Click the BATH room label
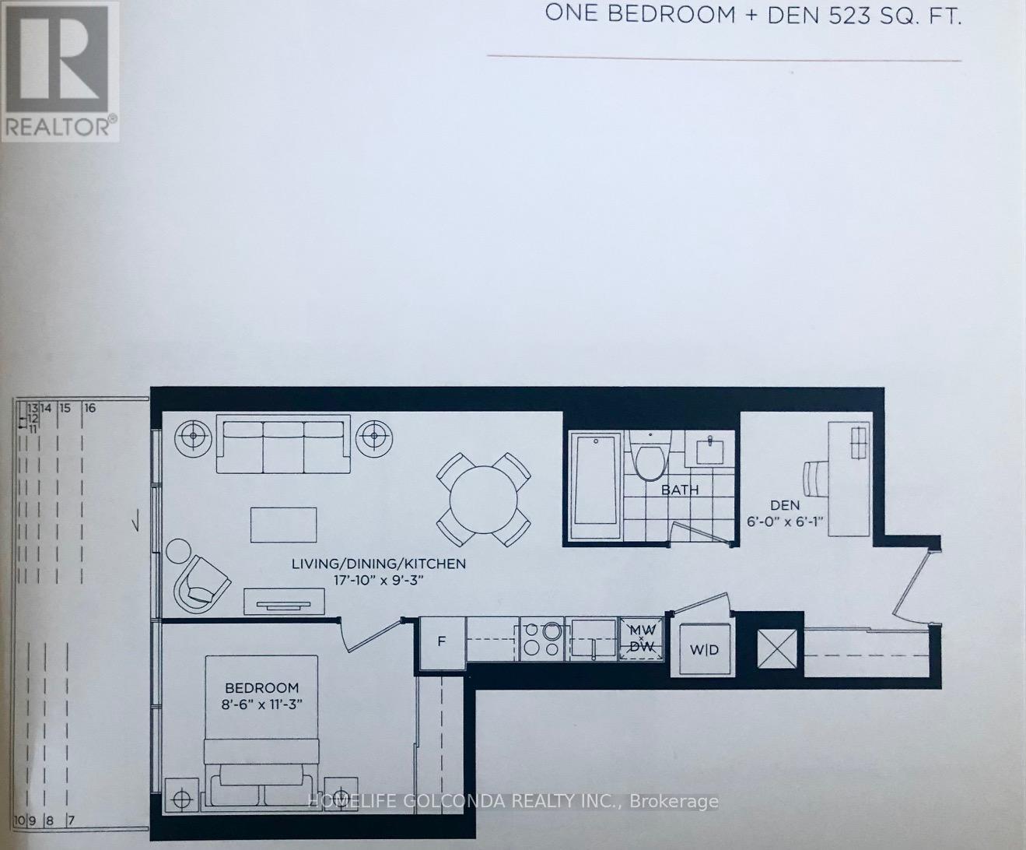click(x=679, y=490)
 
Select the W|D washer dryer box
click(x=705, y=649)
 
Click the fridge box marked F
click(x=441, y=642)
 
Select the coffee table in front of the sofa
click(x=283, y=525)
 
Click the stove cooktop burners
click(x=541, y=638)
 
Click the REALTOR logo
click(x=60, y=71)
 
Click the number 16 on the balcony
click(x=89, y=408)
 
